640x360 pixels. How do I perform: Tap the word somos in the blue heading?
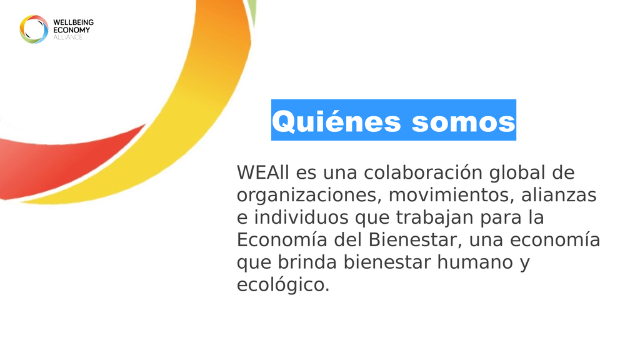tap(464, 122)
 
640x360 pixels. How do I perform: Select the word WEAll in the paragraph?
tap(263, 172)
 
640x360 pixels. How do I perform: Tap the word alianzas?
tap(559, 195)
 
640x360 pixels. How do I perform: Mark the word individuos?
tap(301, 217)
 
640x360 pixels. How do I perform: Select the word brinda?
tap(307, 262)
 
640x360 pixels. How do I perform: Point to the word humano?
tap(475, 262)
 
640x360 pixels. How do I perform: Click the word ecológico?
tap(283, 285)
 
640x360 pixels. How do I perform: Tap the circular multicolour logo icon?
tap(34, 29)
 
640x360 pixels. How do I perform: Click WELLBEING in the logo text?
tap(74, 22)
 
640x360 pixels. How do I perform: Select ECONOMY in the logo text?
tap(71, 30)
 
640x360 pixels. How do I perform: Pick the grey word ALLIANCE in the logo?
tap(67, 37)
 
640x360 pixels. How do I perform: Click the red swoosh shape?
tap(61, 163)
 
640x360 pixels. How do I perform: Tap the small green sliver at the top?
tap(253, 10)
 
